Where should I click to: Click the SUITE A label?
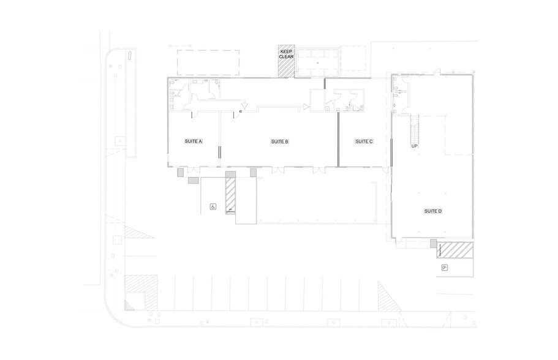coord(194,141)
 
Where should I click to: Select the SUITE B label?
coord(279,141)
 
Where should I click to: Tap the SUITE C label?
coord(364,141)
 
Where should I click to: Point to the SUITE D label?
coord(432,211)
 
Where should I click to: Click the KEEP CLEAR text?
coord(287,53)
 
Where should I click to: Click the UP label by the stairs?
coord(414,146)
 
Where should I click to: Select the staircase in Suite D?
coord(415,126)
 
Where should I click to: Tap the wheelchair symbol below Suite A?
coord(213,207)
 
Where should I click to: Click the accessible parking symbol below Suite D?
coord(445,268)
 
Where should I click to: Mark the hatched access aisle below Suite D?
coord(457,250)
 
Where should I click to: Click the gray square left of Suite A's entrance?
coord(180,174)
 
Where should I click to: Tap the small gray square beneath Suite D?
coord(433,244)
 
